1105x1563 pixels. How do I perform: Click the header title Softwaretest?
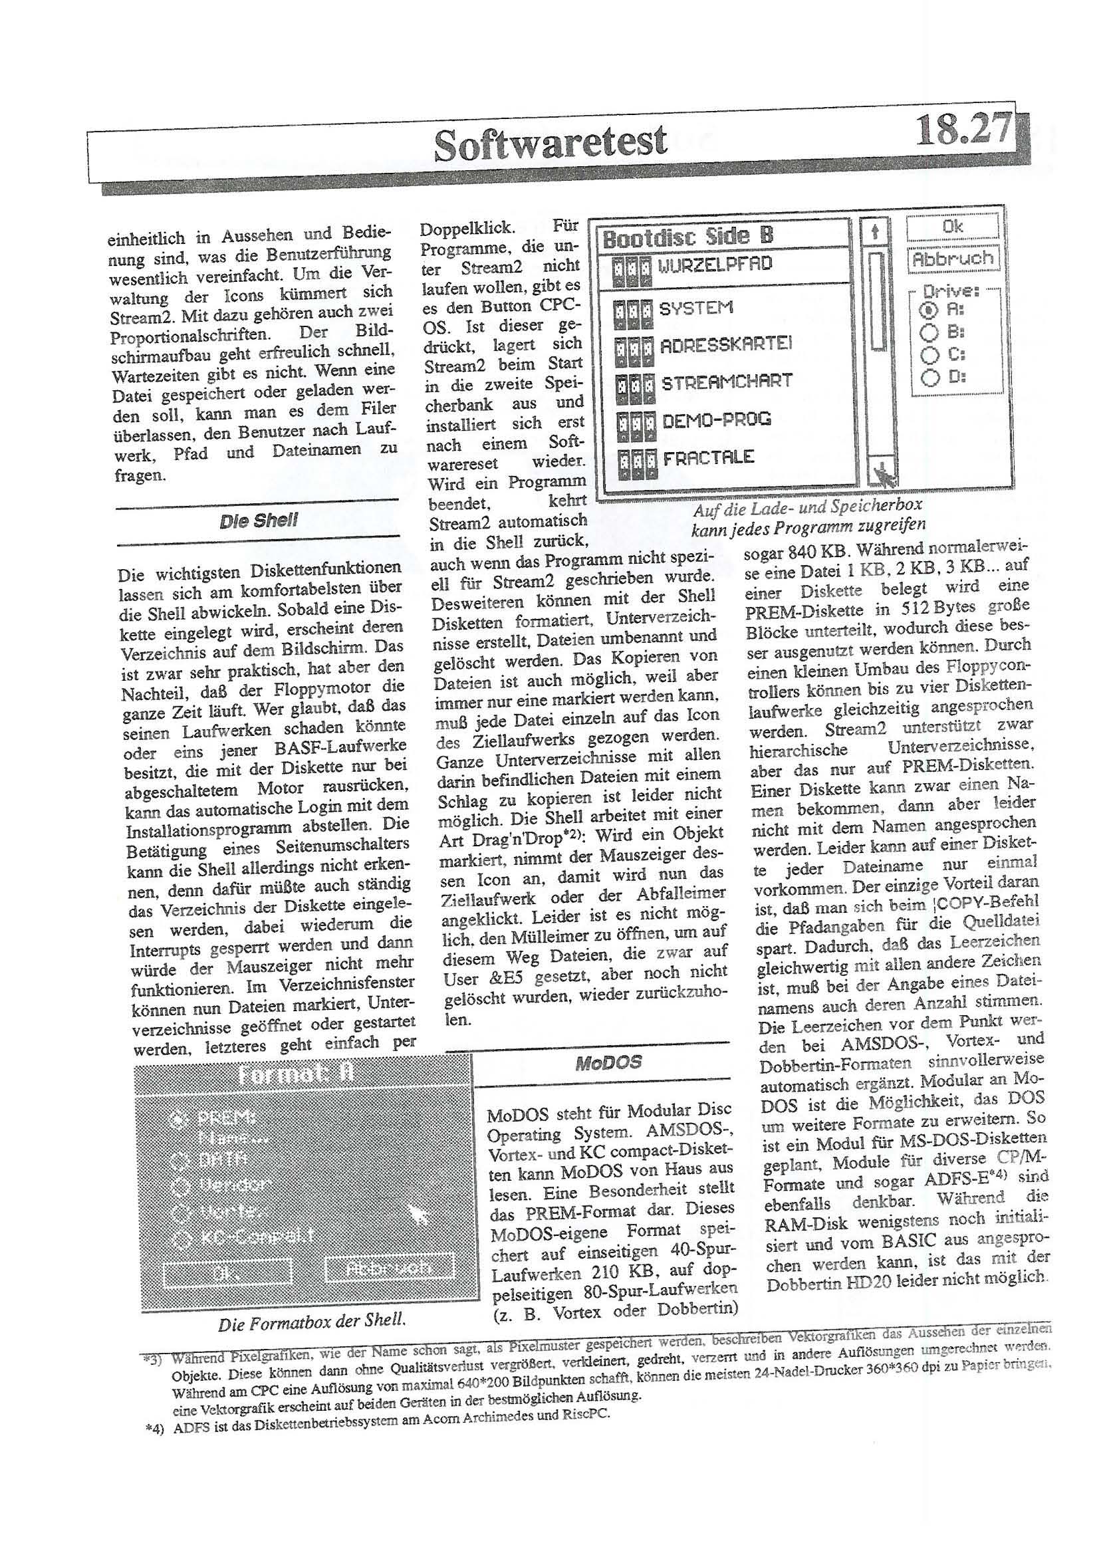point(550,143)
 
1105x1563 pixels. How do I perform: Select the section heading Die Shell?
point(258,521)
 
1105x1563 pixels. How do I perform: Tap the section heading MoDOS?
point(608,1062)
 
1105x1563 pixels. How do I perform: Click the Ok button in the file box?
point(952,227)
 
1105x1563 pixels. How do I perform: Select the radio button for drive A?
point(927,310)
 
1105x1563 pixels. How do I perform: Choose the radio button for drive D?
point(929,376)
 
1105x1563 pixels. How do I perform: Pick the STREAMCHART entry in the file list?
point(727,381)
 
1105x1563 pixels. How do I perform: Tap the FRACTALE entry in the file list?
point(708,457)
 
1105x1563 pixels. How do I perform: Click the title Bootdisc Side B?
point(687,236)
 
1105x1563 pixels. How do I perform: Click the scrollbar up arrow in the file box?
point(875,232)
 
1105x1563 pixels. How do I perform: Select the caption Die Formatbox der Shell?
point(312,1321)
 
